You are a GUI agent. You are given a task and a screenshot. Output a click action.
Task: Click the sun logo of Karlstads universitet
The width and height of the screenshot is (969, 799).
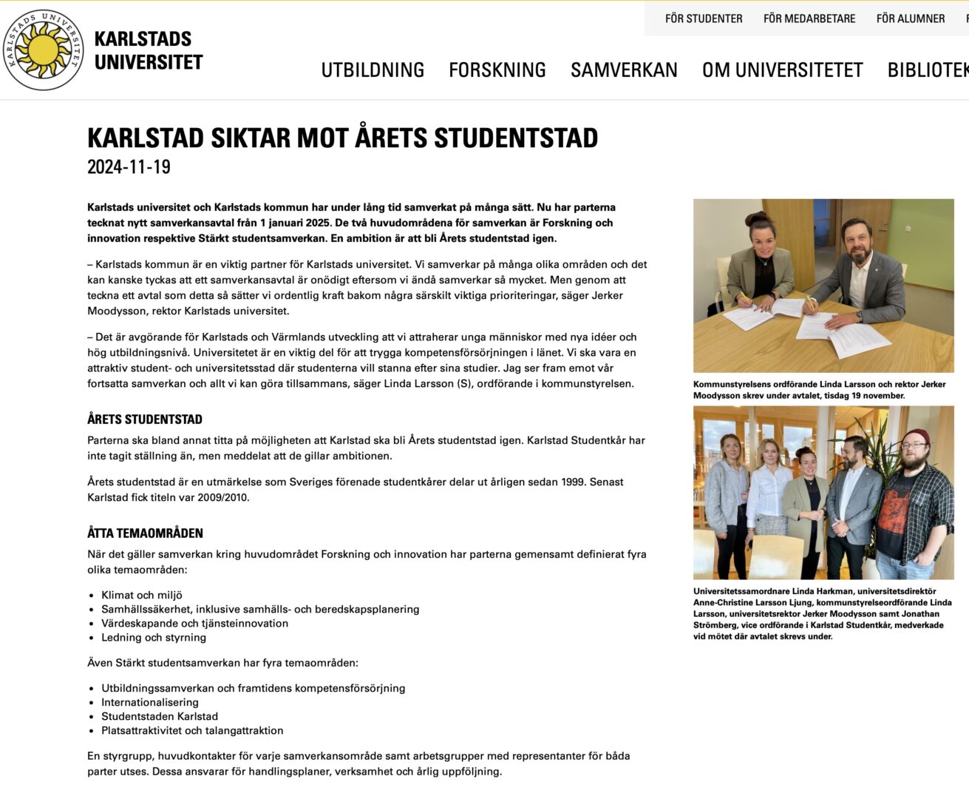coord(43,50)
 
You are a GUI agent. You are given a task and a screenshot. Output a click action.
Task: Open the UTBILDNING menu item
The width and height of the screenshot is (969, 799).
coord(373,70)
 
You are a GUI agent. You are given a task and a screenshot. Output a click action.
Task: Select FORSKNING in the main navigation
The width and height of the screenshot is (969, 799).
coord(497,70)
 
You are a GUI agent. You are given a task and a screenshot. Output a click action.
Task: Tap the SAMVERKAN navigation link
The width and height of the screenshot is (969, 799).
coord(624,70)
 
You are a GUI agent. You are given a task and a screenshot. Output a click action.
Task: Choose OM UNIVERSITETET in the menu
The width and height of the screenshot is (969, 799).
coord(782,70)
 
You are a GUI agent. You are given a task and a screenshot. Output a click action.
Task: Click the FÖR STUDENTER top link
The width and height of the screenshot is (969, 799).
coord(704,18)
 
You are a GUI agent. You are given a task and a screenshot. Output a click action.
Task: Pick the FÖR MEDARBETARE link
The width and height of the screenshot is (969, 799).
coord(809,18)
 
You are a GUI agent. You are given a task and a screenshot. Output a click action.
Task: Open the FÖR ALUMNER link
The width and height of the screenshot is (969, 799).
coord(911,18)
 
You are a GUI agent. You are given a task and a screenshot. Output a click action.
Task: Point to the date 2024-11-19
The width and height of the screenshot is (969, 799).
coord(129,166)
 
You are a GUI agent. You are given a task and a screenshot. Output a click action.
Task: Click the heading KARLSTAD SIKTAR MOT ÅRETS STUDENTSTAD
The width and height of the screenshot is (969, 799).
coord(342,138)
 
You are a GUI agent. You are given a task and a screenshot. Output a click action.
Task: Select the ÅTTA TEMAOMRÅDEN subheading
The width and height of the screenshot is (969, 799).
coord(145,533)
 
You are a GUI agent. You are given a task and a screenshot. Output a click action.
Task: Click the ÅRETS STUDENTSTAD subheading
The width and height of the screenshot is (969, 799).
coord(145,419)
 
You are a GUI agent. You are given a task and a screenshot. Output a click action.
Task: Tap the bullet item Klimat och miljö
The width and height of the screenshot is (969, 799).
coord(142,595)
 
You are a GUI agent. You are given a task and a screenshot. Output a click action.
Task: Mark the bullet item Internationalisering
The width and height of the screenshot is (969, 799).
coord(150,702)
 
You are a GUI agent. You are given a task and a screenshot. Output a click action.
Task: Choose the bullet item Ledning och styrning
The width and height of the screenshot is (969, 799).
coord(154,637)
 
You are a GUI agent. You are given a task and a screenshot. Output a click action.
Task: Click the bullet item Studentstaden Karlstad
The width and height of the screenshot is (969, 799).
coord(160,716)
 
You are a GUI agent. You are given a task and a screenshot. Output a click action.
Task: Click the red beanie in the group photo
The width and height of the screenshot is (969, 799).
coord(917,436)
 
